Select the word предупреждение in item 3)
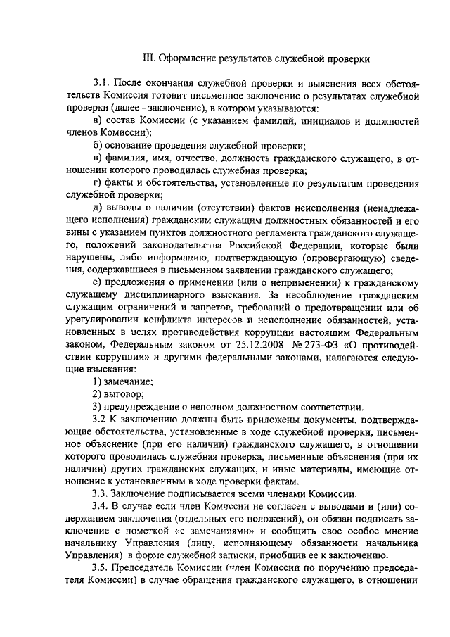139,406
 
